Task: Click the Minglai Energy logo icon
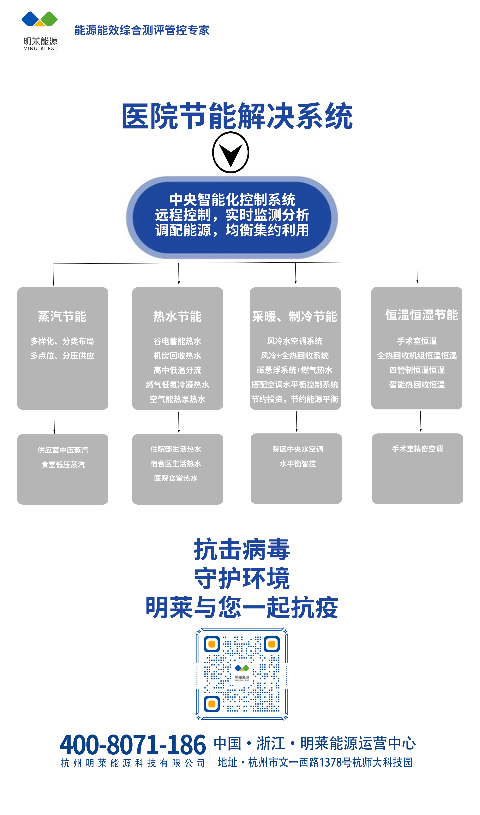click(40, 19)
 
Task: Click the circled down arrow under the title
click(231, 153)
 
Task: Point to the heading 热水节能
click(177, 316)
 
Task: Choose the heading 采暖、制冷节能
click(295, 316)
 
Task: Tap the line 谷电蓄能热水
click(177, 341)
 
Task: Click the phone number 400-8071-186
click(133, 745)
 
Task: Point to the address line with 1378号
click(315, 762)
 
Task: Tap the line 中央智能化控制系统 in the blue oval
click(232, 199)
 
